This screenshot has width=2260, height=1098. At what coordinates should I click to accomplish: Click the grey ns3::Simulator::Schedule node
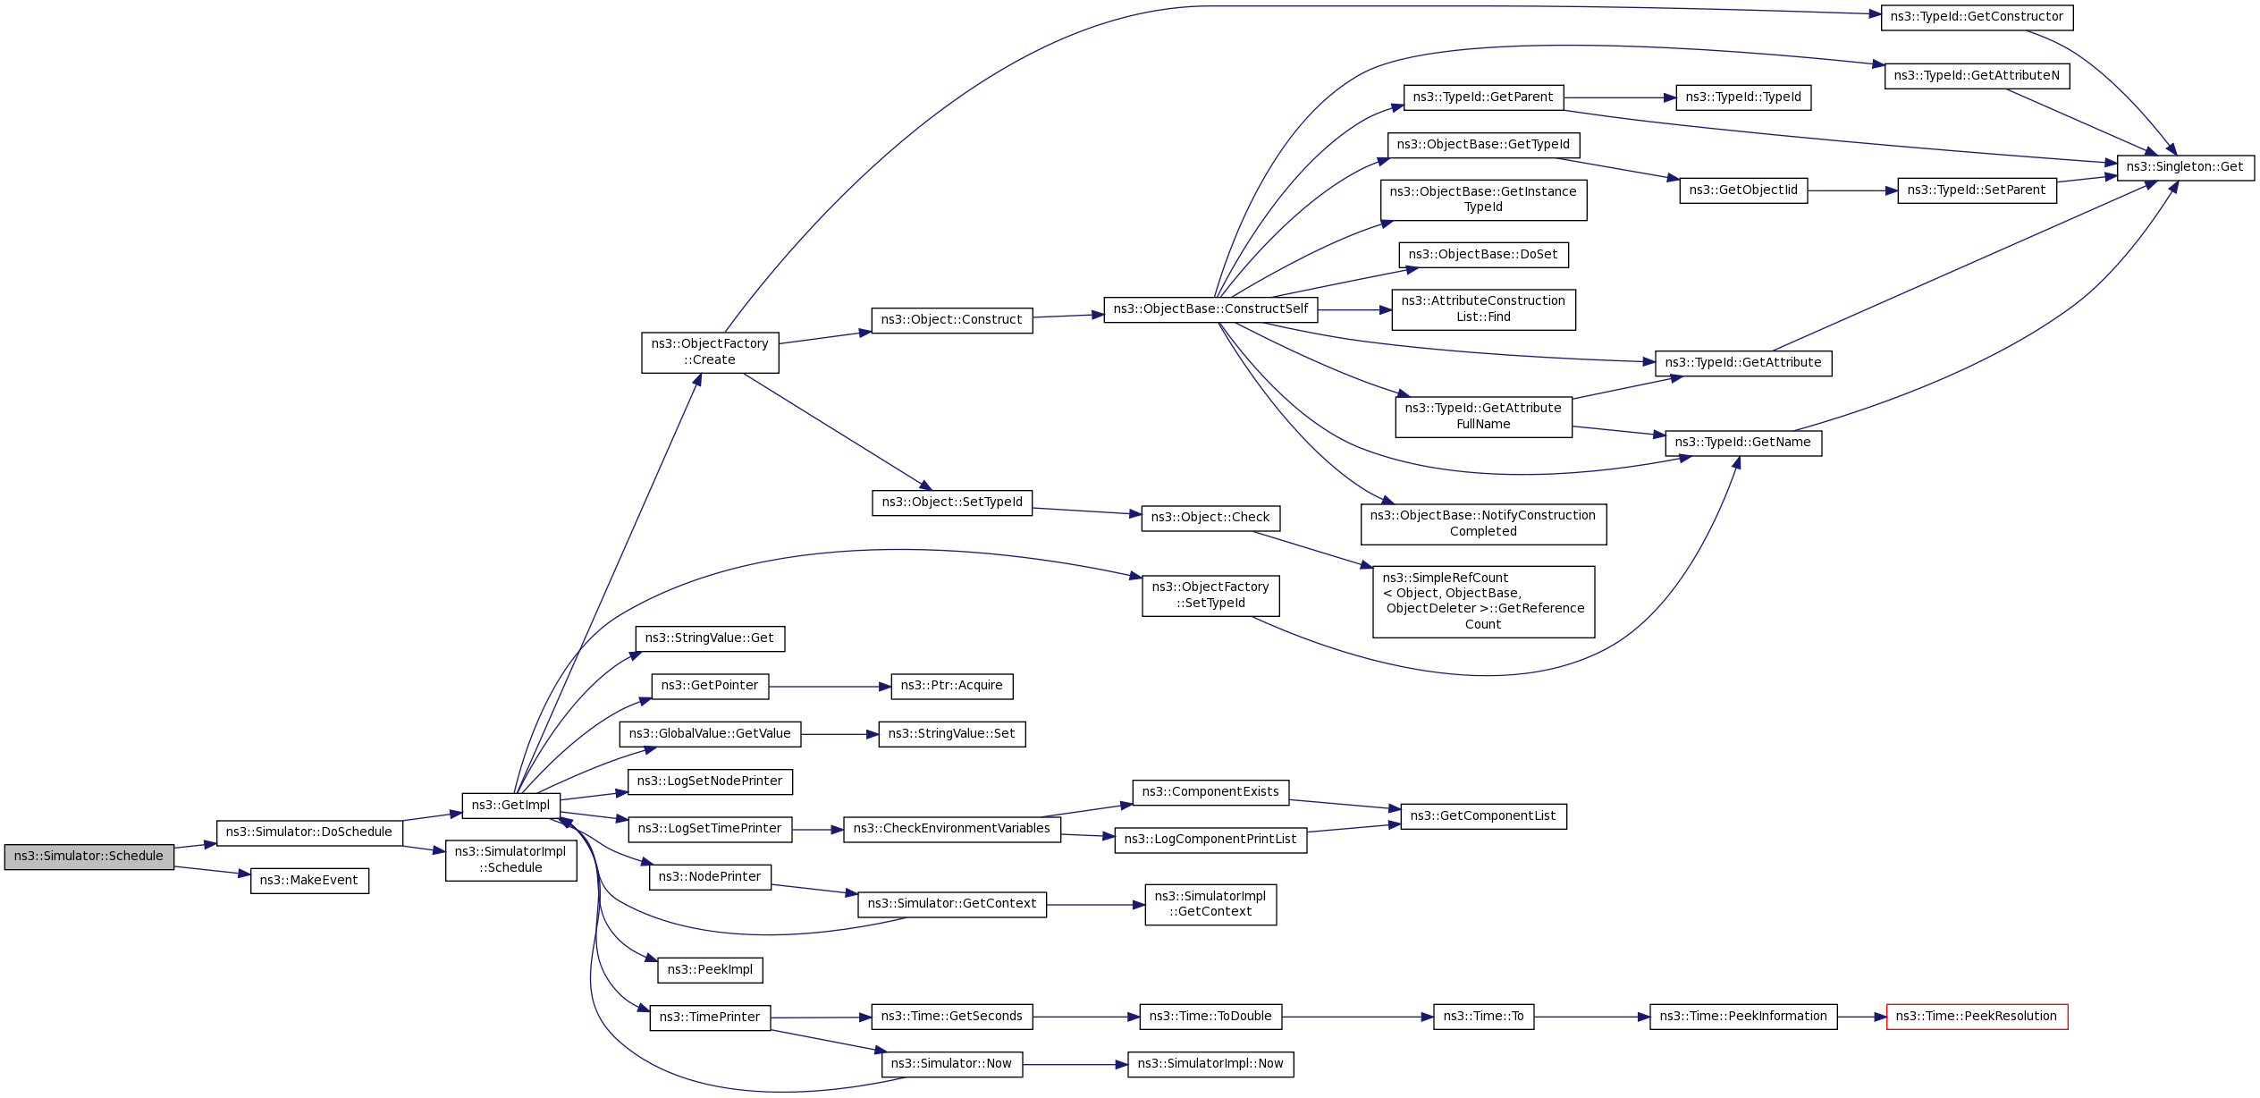coord(89,857)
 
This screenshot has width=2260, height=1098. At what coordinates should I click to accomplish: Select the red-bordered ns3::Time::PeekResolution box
coord(1977,1017)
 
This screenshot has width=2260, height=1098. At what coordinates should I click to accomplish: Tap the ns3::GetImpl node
coord(510,806)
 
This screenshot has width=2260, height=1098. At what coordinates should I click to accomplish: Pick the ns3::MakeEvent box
coord(309,881)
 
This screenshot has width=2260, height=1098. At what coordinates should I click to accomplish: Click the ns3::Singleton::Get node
coord(2185,167)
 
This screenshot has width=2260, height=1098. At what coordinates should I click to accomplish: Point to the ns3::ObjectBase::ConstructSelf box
coord(1210,309)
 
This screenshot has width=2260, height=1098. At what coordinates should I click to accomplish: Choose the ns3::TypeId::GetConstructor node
coord(1977,17)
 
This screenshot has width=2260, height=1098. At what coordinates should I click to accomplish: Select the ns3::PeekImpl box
coord(710,970)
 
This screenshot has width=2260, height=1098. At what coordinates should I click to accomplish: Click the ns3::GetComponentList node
coord(1483,816)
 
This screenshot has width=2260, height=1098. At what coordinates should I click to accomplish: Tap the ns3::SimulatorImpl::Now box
coord(1210,1064)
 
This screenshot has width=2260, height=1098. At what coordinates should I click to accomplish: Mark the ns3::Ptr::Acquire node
coord(951,686)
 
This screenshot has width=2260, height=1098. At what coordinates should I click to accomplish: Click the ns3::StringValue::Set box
coord(951,734)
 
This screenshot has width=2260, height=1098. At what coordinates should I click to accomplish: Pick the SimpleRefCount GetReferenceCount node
coord(1483,602)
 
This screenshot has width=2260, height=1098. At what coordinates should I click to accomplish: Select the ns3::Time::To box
coord(1483,1017)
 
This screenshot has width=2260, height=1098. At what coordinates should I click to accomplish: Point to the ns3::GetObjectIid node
coord(1743,190)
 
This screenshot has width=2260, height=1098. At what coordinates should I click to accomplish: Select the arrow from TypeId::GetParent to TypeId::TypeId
coord(1619,97)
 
